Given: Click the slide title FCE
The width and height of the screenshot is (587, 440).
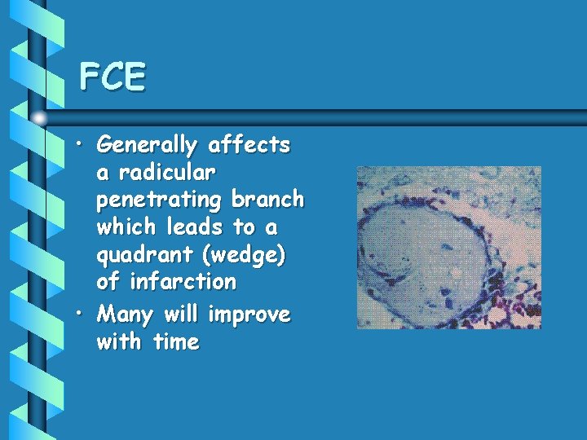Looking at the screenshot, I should pyautogui.click(x=113, y=77).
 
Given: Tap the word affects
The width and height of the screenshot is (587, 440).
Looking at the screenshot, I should pyautogui.click(x=249, y=146).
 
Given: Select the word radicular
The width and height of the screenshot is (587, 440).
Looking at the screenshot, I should pyautogui.click(x=168, y=173).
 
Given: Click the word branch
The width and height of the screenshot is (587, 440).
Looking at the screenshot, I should pyautogui.click(x=267, y=200).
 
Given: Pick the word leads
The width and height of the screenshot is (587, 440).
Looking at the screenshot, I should pyautogui.click(x=196, y=227).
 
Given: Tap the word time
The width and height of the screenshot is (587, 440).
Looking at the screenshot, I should pyautogui.click(x=174, y=342).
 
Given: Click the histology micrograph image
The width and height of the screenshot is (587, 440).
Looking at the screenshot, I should pyautogui.click(x=448, y=248).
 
